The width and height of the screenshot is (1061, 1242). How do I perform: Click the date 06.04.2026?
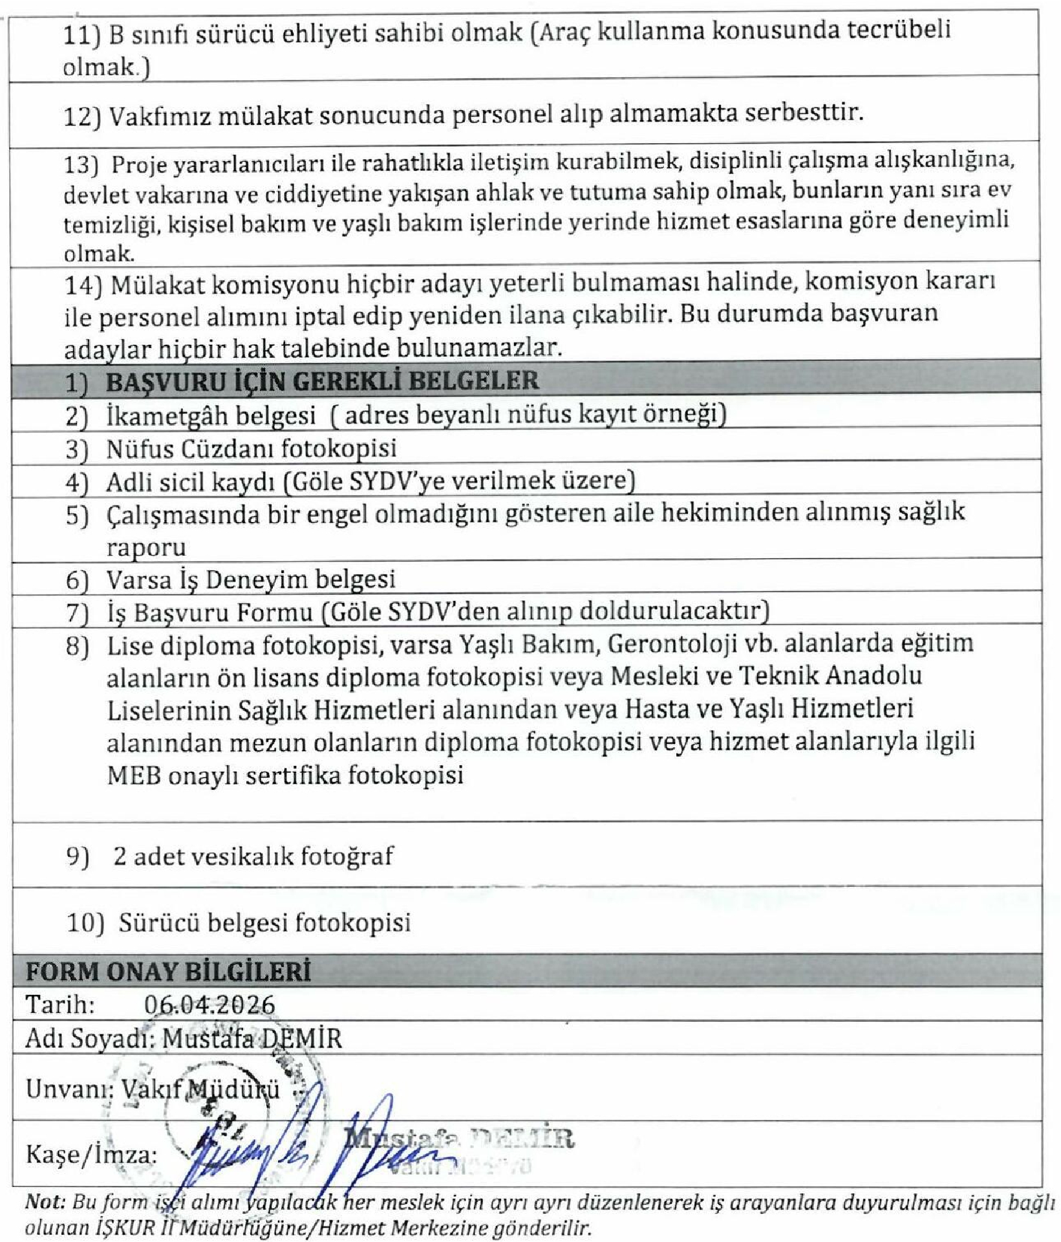209,1005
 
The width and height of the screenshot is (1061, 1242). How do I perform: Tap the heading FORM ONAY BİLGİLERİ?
168,972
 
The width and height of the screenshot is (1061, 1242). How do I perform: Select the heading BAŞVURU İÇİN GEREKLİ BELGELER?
322,381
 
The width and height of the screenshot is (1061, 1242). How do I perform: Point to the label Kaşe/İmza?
91,1155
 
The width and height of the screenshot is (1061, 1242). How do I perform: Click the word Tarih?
60,1005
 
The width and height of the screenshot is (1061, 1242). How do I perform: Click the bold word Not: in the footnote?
45,1203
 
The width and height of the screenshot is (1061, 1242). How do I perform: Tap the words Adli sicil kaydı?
191,482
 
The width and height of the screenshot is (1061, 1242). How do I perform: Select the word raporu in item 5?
146,547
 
